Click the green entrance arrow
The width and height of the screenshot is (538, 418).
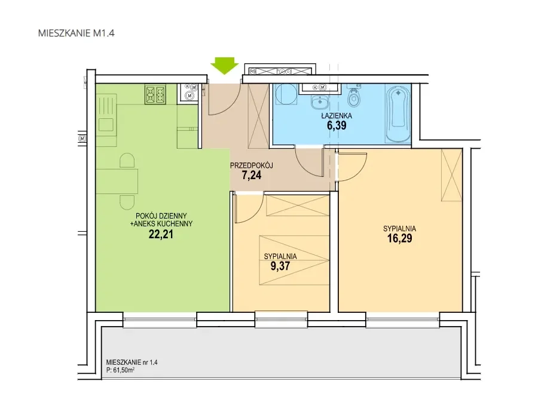click(x=224, y=66)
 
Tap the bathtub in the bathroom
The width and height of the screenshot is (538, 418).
click(x=398, y=113)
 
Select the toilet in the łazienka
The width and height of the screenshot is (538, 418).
click(x=353, y=96)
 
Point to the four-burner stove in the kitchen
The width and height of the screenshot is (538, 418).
click(x=155, y=94)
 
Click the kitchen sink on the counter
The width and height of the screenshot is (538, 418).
click(x=106, y=124)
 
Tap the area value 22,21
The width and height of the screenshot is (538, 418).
click(x=161, y=234)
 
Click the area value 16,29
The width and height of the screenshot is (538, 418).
click(x=400, y=238)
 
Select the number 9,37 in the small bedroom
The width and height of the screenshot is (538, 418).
click(x=280, y=266)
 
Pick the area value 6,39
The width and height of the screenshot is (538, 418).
click(x=337, y=125)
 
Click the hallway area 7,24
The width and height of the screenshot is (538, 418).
click(x=252, y=176)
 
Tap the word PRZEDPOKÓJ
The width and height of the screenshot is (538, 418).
click(x=252, y=166)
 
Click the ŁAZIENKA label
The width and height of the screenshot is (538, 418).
click(x=337, y=116)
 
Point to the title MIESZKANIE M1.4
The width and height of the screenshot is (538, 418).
click(x=76, y=33)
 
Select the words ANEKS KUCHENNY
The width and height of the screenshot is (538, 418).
click(x=163, y=224)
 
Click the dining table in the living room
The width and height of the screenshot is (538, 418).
click(x=117, y=182)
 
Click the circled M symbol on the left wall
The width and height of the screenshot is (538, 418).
click(x=82, y=139)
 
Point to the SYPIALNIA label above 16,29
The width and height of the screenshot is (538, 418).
click(x=400, y=229)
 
